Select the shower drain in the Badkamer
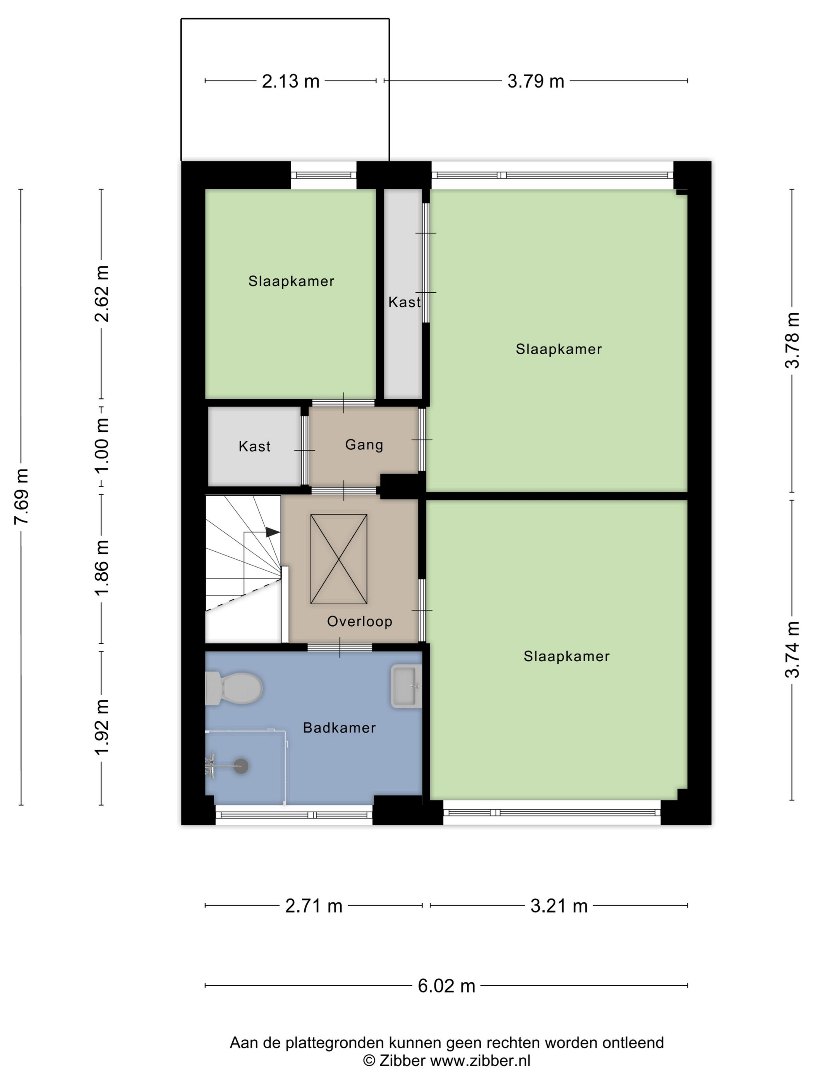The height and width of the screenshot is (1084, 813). click(241, 765)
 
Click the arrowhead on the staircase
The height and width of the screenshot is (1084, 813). click(273, 532)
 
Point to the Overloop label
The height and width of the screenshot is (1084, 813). click(360, 621)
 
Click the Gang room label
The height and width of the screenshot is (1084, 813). click(364, 444)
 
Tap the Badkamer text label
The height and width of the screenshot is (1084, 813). click(339, 728)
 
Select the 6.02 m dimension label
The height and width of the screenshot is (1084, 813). click(446, 986)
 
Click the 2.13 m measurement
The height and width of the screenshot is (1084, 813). click(291, 81)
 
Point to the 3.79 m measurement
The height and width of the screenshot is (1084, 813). click(536, 81)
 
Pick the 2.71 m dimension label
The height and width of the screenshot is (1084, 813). click(314, 906)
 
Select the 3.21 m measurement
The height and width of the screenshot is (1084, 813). click(559, 906)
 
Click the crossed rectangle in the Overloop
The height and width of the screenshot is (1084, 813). click(339, 559)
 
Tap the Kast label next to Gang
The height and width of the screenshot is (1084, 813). click(254, 446)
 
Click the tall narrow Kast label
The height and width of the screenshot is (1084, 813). click(404, 302)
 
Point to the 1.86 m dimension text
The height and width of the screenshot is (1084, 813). click(101, 568)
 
